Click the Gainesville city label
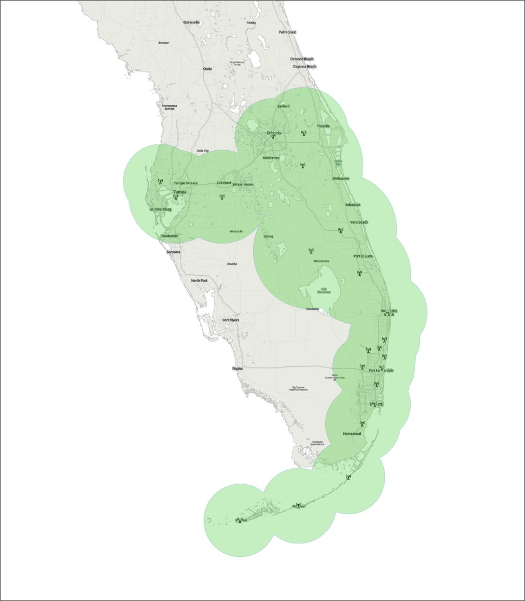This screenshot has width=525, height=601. coord(192,22)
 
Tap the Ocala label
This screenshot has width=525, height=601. coord(207,69)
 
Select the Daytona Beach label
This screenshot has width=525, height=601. coord(304,66)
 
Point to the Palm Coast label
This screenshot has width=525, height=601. coord(287,32)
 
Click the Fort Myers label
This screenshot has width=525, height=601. coord(230,320)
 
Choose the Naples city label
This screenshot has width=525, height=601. coord(237,369)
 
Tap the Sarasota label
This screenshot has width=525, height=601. coord(173,252)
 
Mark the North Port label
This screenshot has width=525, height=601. coord(199,281)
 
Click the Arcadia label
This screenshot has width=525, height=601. coord(232,264)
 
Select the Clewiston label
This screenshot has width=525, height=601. coord(312,309)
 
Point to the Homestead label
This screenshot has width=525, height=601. coord(352,434)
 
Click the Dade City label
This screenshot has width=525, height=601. coord(203,150)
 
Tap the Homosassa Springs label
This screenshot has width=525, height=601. coord(169,107)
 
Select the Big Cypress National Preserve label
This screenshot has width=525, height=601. coord(299,389)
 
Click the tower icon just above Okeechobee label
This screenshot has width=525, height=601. coord(311,251)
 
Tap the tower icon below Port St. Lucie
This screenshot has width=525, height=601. coord(360,273)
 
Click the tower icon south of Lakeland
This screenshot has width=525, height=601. coord(222,197)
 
